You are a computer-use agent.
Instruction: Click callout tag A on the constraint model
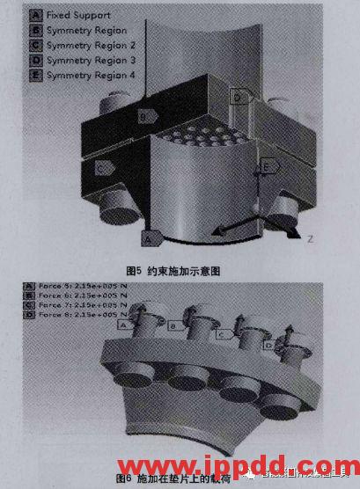(x=150, y=237)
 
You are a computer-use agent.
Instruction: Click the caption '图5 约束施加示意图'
(x=173, y=271)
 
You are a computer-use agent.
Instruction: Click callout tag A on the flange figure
(x=124, y=324)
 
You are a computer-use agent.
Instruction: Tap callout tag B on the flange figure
(x=174, y=327)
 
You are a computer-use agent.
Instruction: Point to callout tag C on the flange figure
(x=224, y=333)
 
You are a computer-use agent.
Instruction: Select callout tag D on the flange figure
(x=269, y=345)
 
